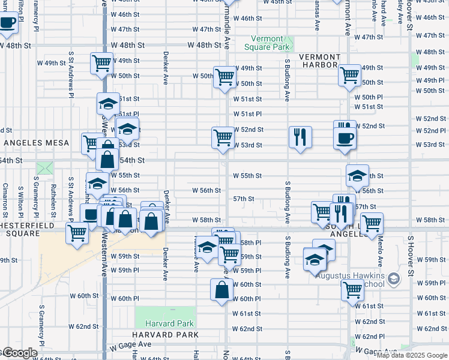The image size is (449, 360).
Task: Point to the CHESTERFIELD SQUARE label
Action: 29,230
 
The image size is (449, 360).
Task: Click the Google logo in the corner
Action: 19,353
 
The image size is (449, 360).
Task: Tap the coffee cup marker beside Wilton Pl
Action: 7,24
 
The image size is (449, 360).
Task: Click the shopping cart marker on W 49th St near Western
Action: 102,63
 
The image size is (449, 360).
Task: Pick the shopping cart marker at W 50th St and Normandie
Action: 224,77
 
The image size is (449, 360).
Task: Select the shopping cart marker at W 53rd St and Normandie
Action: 223,137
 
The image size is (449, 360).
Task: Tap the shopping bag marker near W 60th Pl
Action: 221,289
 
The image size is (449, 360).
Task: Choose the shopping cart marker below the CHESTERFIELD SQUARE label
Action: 77,232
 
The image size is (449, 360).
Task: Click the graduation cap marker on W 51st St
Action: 109,103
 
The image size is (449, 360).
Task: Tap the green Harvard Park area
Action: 165,316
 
